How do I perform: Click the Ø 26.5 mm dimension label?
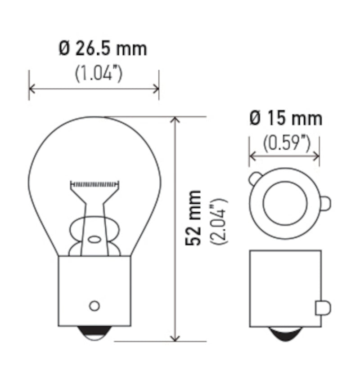coord(103,49)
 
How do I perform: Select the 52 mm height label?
coord(193,218)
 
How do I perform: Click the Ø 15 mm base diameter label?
coord(285,118)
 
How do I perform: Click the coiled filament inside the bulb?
coord(95,184)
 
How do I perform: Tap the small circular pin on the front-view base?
coord(94,306)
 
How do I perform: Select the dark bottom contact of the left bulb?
coord(94,333)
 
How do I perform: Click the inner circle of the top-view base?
coord(284,203)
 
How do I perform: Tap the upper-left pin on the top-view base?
coord(254,179)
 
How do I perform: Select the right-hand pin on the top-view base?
coord(325,203)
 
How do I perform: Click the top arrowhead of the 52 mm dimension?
coord(176,120)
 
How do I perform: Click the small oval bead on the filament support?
coord(94,239)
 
